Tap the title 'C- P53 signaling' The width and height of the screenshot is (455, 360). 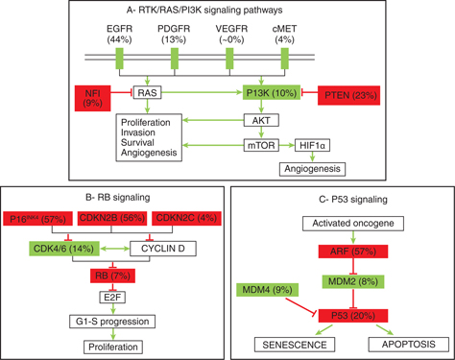tap(294, 200)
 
